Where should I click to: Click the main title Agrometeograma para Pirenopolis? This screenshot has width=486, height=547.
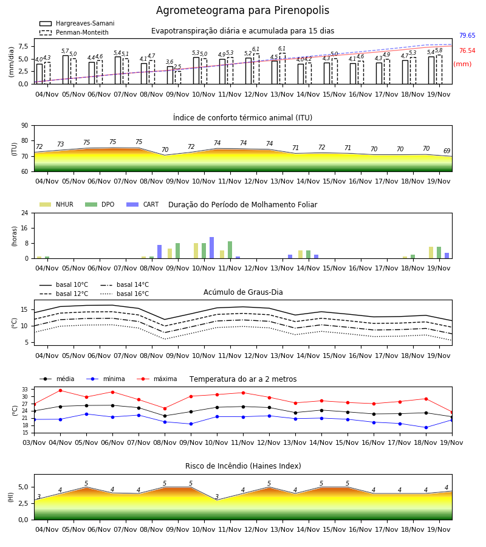[242, 10]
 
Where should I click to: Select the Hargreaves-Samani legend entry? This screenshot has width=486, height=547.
[77, 23]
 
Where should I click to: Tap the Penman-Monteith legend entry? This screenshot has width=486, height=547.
[74, 32]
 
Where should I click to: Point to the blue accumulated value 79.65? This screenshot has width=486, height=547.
[467, 35]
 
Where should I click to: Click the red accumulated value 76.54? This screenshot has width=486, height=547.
[467, 50]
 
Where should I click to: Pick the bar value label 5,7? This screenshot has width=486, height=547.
[65, 51]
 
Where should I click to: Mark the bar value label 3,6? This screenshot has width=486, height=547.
[169, 62]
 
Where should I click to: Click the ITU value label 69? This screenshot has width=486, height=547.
[447, 151]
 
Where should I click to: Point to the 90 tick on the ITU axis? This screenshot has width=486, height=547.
[25, 126]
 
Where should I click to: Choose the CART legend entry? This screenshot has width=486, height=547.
[143, 204]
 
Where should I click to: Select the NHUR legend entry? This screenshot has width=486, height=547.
[56, 204]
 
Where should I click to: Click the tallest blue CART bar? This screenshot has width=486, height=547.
[211, 248]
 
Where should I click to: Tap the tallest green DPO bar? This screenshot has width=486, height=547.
[230, 250]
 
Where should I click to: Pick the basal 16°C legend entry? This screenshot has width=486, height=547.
[125, 294]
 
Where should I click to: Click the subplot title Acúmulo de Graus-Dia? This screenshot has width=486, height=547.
[243, 292]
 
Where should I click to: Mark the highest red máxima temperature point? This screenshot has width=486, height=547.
[60, 390]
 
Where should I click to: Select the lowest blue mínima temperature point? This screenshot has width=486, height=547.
[426, 427]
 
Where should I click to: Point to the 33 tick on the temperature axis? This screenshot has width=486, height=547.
[25, 390]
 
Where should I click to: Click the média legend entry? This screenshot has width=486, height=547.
[57, 379]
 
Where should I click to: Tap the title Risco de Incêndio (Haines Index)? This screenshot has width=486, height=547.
[243, 466]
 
